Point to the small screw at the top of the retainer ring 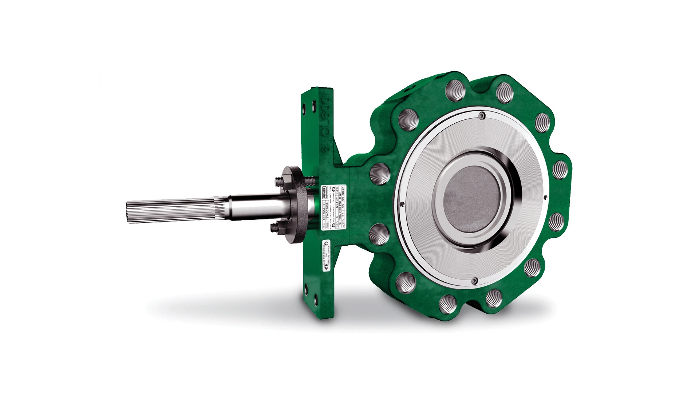coord(482,116)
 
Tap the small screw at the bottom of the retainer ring coord(474,281)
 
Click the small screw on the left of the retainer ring coord(401,204)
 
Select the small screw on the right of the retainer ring coord(545,198)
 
